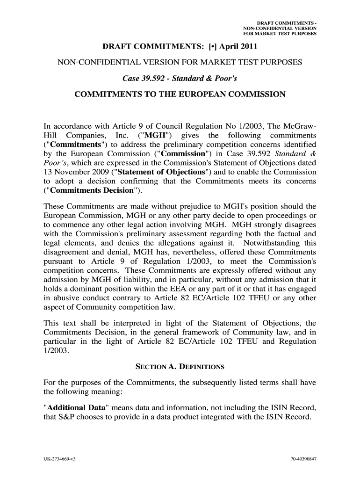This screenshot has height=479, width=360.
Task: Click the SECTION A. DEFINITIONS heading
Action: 180,366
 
